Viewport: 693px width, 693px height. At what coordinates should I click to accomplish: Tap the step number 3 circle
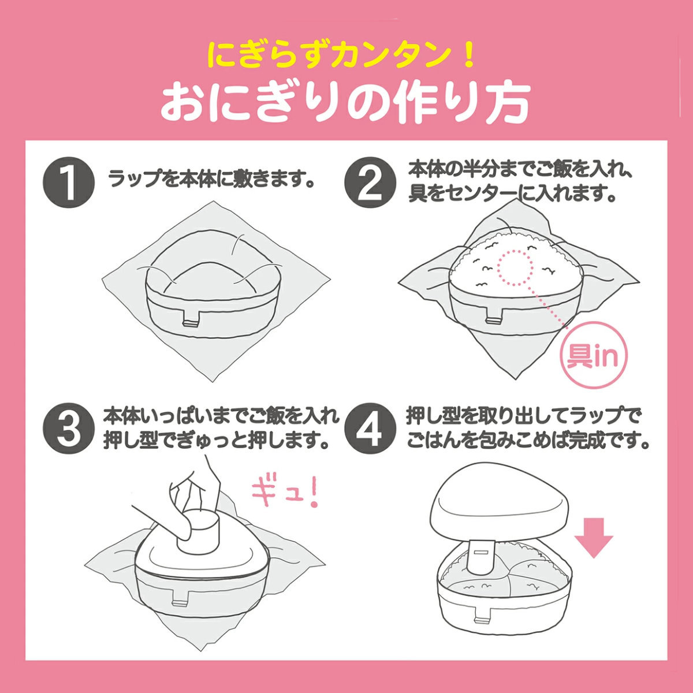tap(69, 430)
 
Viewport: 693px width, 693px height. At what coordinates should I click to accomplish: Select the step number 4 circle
tap(370, 430)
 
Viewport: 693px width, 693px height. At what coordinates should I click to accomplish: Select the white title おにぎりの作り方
tap(345, 102)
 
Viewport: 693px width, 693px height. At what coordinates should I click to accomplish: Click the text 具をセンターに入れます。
tap(511, 193)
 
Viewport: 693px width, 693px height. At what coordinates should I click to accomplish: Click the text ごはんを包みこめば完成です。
tap(528, 441)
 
